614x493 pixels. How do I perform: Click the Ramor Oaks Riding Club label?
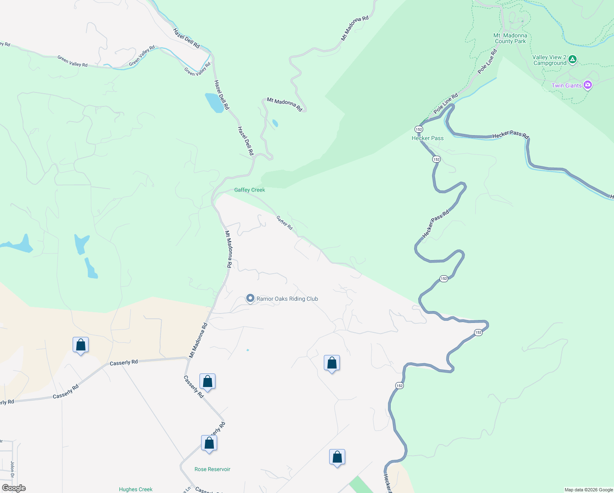tap(287, 299)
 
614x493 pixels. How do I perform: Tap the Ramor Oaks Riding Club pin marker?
tap(250, 298)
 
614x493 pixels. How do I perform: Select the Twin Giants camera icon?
tap(588, 85)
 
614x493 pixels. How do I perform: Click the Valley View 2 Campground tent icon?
tap(573, 60)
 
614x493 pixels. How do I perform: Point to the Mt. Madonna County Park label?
tap(510, 38)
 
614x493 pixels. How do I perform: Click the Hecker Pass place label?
tap(427, 138)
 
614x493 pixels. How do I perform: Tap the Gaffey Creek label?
tap(250, 190)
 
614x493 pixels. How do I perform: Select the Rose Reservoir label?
tap(212, 469)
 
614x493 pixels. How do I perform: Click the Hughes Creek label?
tap(135, 489)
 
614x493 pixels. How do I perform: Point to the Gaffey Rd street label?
tap(284, 223)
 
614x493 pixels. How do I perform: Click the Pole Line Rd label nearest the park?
tap(488, 62)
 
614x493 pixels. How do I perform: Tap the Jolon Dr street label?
tap(12, 470)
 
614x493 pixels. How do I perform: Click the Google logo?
tap(14, 488)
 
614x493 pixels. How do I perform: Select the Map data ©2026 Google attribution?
tap(589, 490)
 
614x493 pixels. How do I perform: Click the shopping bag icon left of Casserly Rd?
tap(80, 345)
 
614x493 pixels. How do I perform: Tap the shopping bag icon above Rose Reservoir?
tap(209, 443)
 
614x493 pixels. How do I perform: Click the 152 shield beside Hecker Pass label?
tap(418, 129)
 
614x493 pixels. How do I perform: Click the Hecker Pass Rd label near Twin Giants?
tap(511, 134)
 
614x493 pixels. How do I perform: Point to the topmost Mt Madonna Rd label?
tap(355, 28)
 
